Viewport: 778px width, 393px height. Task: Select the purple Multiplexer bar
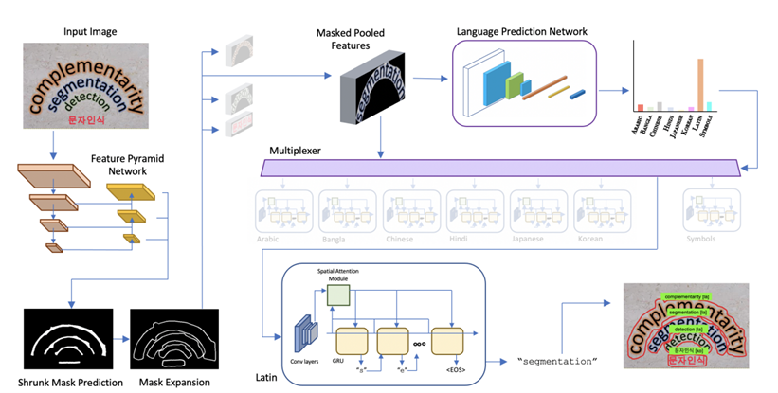pyautogui.click(x=500, y=169)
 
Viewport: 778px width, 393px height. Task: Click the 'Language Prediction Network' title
pyautogui.click(x=522, y=31)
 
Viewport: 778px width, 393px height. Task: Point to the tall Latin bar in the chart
pyautogui.click(x=700, y=85)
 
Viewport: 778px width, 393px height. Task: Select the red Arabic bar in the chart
pyautogui.click(x=641, y=108)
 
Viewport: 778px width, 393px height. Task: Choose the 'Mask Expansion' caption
pyautogui.click(x=170, y=382)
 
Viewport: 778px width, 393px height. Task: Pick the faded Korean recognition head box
pyautogui.click(x=603, y=214)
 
